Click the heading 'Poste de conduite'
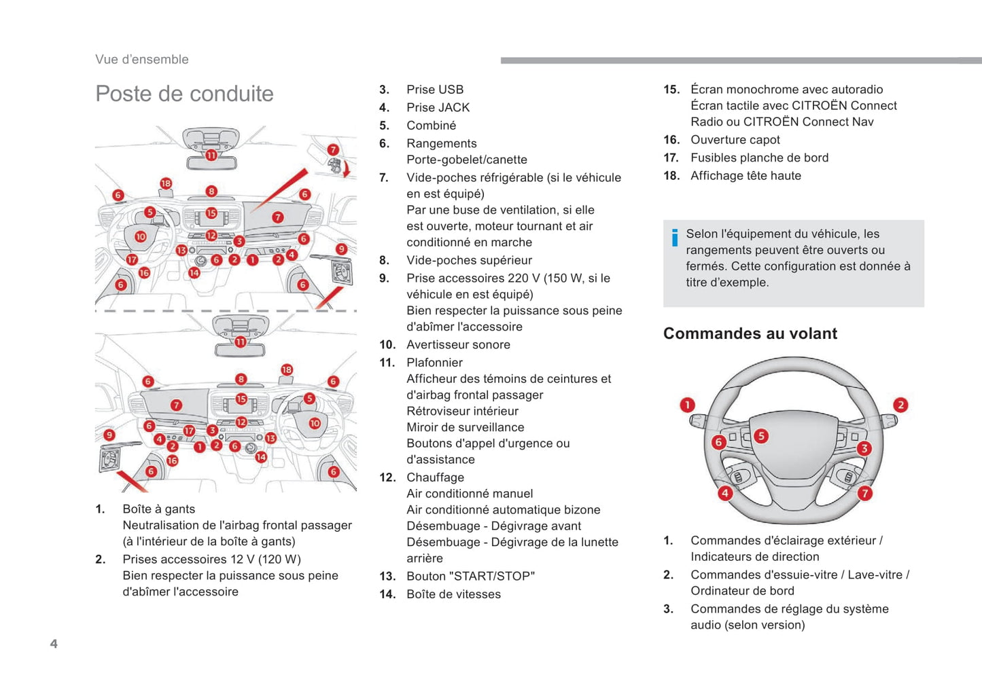[x=184, y=94]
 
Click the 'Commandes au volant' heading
[x=750, y=333]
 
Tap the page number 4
[x=54, y=644]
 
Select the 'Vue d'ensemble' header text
[x=142, y=59]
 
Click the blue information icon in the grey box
[x=674, y=238]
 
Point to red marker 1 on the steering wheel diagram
[x=688, y=405]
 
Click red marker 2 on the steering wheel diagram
[x=900, y=405]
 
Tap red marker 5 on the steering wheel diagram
[x=761, y=436]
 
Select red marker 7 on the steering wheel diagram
[x=864, y=494]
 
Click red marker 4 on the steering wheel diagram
[x=725, y=494]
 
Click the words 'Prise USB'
[x=435, y=90]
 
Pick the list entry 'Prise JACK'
[x=438, y=107]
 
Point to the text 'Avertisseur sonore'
[x=458, y=344]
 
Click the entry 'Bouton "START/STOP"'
[x=470, y=576]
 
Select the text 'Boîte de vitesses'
[x=453, y=594]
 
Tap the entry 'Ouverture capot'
[x=735, y=140]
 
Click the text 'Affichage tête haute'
[x=746, y=176]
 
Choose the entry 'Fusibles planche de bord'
[x=759, y=158]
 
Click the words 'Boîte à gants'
[x=158, y=509]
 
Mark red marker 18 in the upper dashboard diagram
[x=166, y=183]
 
